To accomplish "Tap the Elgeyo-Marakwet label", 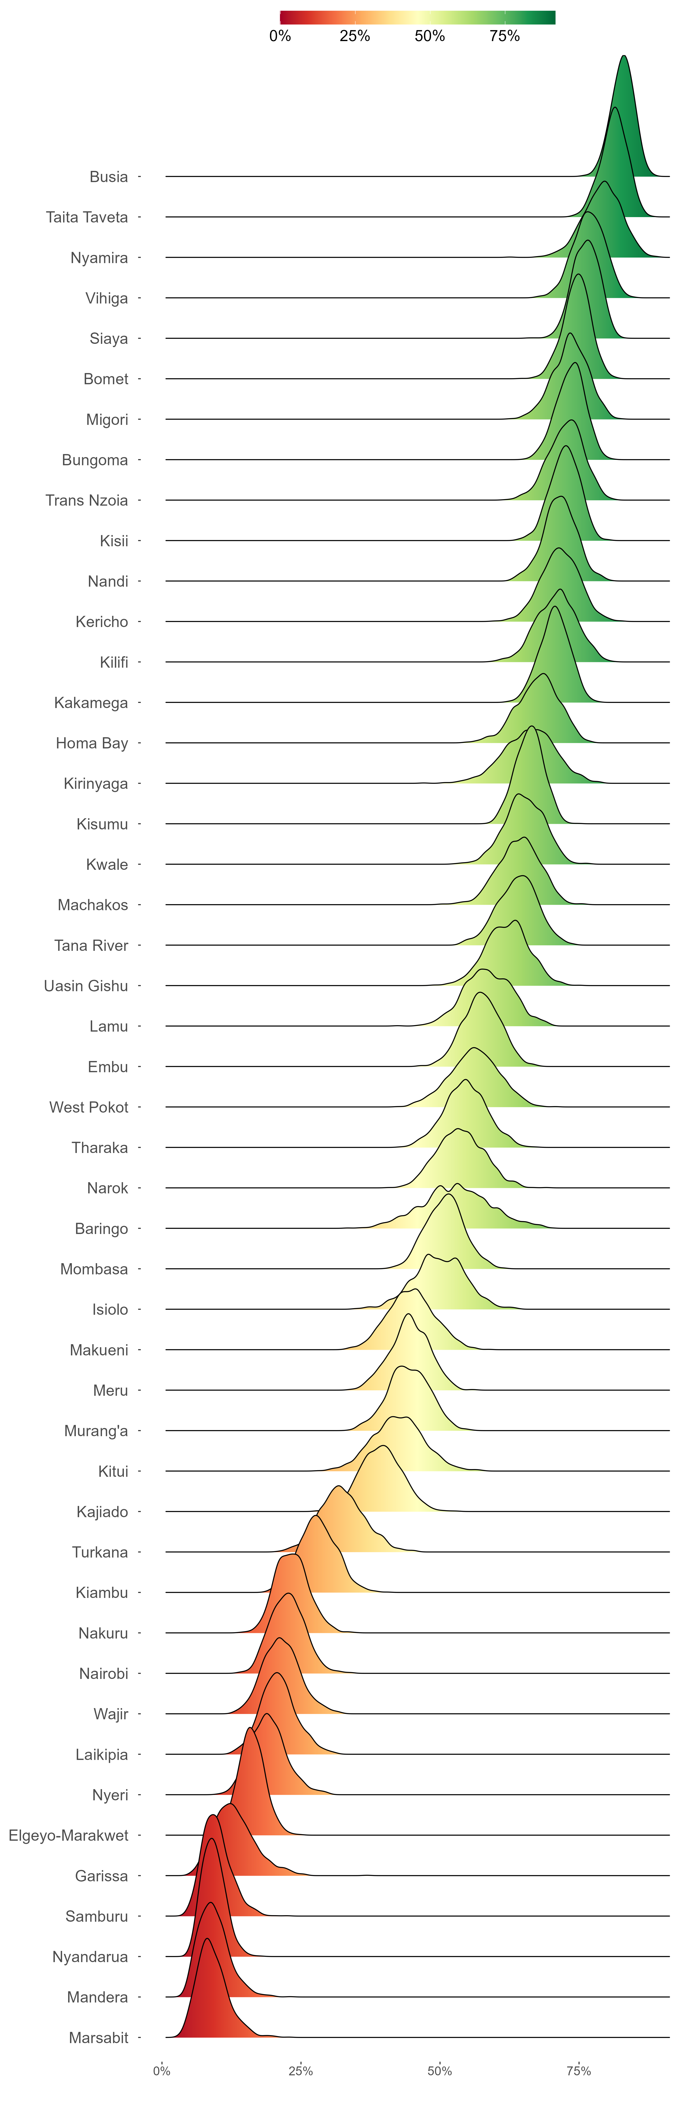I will pos(68,1835).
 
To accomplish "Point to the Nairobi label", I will pos(104,1674).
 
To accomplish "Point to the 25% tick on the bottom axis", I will pos(301,2071).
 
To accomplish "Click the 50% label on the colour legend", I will pos(430,36).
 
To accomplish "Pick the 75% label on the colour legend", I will pos(504,36).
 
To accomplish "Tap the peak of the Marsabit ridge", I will pos(206,1939).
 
